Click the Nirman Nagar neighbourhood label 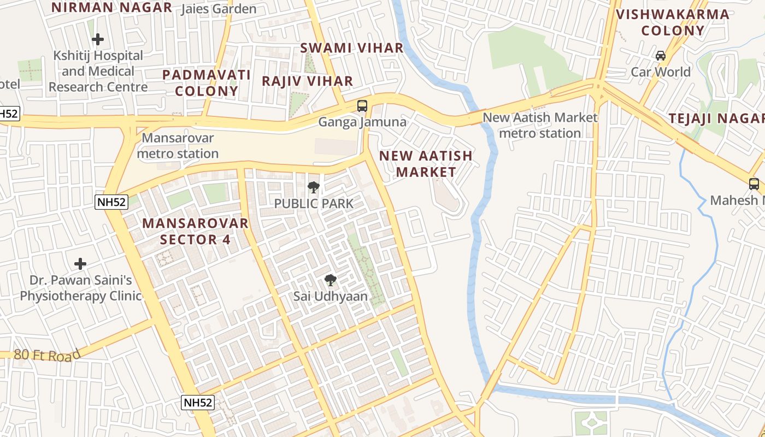click(111, 8)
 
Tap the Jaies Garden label click(219, 9)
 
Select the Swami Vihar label click(352, 48)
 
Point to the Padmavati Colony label click(207, 83)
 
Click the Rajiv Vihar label click(307, 81)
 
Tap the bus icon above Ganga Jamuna click(362, 105)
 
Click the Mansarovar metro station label click(178, 146)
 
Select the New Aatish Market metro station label click(540, 125)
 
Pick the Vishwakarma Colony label click(673, 22)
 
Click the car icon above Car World click(661, 56)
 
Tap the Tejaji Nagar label click(716, 119)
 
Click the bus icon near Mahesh click(754, 184)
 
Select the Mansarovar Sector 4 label click(195, 231)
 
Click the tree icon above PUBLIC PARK click(314, 188)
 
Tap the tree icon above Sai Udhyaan click(330, 281)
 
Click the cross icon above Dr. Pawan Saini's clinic click(80, 264)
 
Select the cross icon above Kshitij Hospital click(98, 39)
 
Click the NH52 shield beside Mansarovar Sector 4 click(111, 202)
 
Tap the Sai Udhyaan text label click(330, 297)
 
